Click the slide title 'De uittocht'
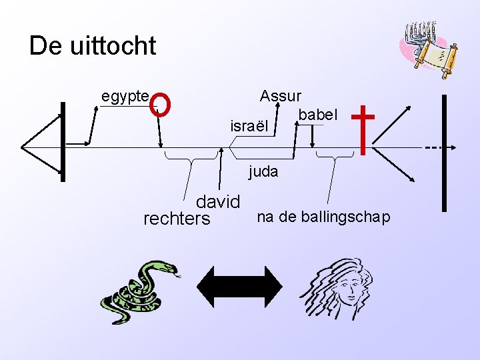[x=93, y=46]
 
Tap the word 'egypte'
[x=125, y=96]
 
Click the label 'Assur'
[x=281, y=96]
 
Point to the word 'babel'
[x=318, y=115]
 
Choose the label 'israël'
[x=248, y=125]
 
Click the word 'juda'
[x=263, y=171]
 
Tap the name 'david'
[x=217, y=202]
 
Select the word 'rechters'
[x=177, y=219]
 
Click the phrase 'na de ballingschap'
[x=324, y=217]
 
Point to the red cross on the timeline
[x=363, y=129]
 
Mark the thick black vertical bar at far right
[x=444, y=153]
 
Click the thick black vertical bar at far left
[x=63, y=141]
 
